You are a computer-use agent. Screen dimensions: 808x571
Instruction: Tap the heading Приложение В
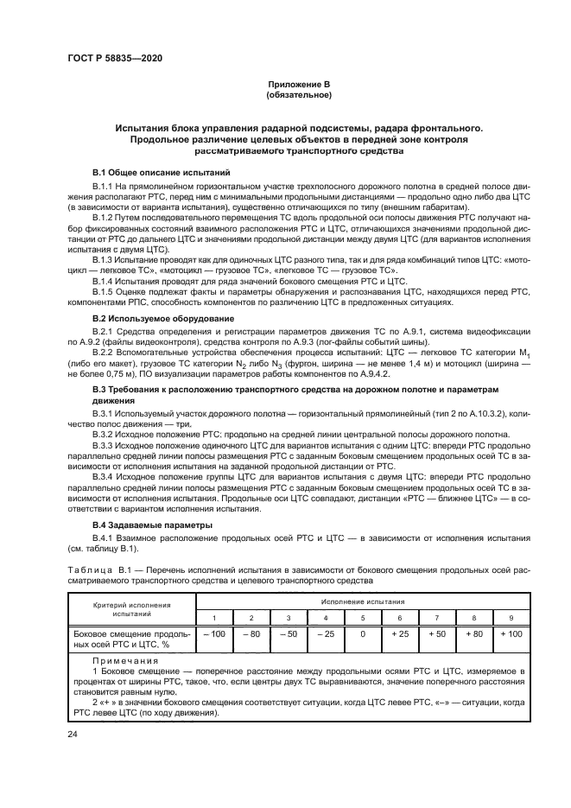click(298, 84)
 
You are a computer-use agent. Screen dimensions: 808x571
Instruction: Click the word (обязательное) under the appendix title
click(298, 94)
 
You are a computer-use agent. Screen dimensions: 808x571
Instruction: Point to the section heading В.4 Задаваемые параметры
click(143, 525)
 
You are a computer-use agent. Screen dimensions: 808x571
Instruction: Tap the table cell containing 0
click(363, 635)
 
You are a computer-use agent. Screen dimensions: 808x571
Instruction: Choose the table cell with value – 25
click(325, 635)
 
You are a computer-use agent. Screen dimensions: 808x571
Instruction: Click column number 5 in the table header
click(363, 617)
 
